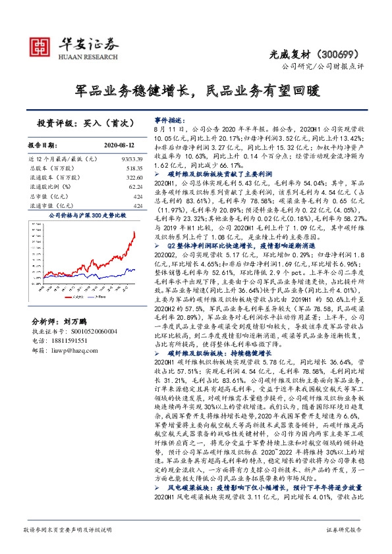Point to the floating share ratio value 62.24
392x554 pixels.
point(136,187)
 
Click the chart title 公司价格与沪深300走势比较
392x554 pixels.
point(86,214)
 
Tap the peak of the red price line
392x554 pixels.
point(134,232)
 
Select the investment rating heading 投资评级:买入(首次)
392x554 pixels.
point(86,123)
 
